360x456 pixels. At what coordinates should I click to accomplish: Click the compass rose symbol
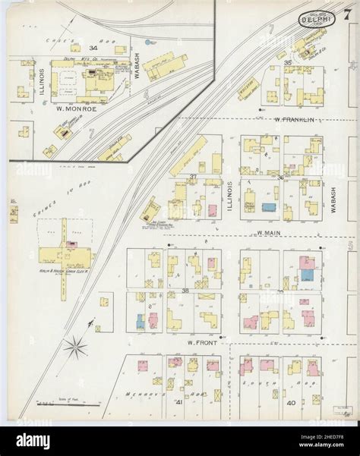[x=75, y=348]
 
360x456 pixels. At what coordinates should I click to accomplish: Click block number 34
[x=94, y=48]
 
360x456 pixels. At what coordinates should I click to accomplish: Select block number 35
[x=288, y=62]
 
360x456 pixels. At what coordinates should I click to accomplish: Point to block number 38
[x=185, y=290]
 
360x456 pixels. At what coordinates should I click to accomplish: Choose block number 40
[x=292, y=402]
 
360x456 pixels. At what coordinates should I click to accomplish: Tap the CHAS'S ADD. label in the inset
[x=78, y=39]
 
